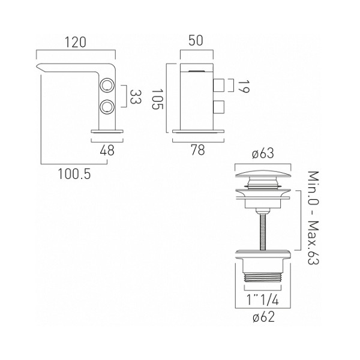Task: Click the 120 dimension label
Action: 76,42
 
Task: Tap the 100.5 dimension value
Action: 74,173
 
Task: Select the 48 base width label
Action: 107,151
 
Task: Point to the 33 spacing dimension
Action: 136,97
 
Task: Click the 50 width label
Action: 196,40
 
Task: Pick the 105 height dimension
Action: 157,99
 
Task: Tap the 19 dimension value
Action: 244,86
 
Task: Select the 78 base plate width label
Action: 198,150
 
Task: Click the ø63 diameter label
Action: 263,154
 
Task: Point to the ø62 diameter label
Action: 263,317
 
